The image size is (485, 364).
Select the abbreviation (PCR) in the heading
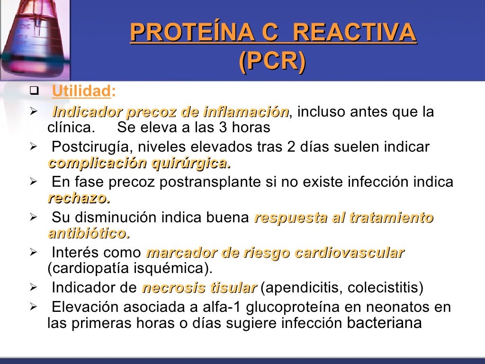(272, 62)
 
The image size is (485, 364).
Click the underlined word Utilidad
(81, 91)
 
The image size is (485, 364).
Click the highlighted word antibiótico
(89, 233)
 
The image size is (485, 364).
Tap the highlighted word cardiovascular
(350, 253)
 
